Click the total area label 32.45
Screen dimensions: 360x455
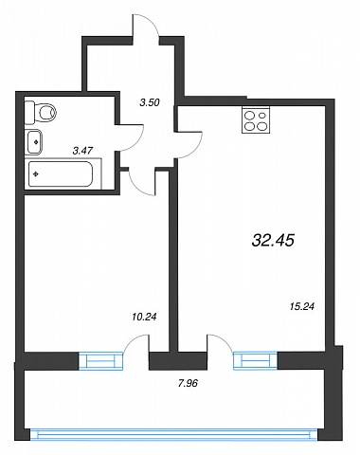point(273,240)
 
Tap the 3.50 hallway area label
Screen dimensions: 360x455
point(150,102)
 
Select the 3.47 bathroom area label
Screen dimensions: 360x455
point(82,151)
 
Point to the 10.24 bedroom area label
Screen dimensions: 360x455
point(144,317)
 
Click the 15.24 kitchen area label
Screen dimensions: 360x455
point(302,306)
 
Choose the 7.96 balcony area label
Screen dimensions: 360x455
point(188,383)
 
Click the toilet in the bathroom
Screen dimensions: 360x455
point(40,112)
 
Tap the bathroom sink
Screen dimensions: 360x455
point(34,142)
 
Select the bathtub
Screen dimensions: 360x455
point(61,174)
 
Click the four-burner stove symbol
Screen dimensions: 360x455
point(257,119)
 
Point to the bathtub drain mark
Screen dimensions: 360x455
point(36,173)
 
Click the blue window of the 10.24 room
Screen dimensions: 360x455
point(100,361)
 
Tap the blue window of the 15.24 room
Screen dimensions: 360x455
point(255,360)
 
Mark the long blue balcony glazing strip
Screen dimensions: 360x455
point(173,434)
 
